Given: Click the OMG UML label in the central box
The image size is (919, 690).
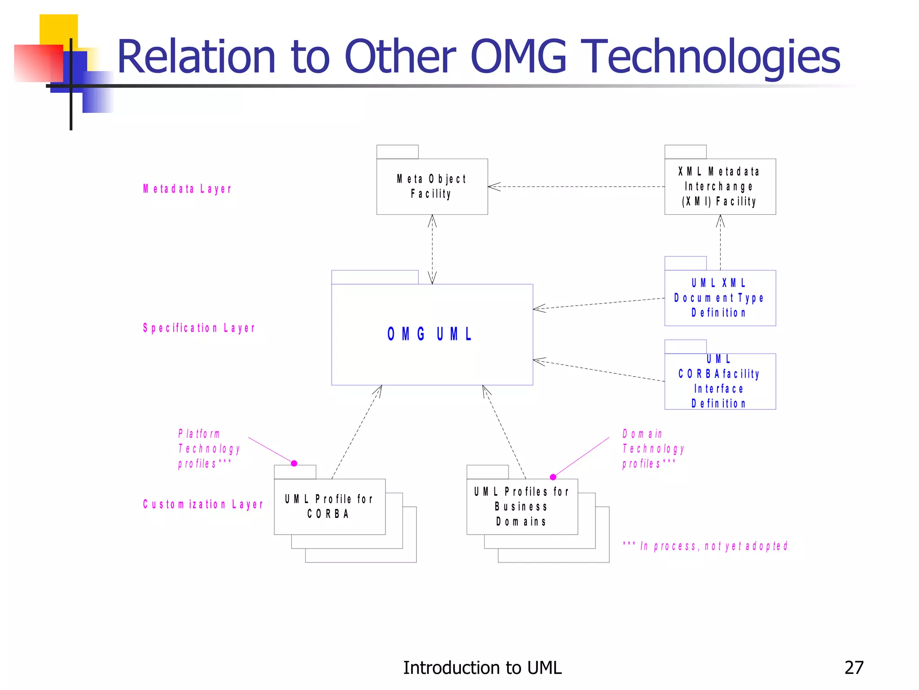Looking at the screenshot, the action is pos(429,334).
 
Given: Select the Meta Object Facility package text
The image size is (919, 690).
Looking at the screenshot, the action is pos(432,186).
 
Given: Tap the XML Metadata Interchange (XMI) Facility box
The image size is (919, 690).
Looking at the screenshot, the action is pos(720,186).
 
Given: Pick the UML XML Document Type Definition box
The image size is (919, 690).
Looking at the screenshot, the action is pos(720,298).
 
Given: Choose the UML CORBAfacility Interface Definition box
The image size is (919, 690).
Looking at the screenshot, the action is pos(720,381).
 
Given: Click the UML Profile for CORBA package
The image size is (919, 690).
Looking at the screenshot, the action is pos(329,506).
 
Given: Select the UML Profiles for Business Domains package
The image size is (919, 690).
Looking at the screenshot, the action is pos(522,506).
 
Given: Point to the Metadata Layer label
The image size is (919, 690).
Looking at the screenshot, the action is pos(187,189).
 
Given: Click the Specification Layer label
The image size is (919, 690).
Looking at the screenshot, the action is pos(199,328).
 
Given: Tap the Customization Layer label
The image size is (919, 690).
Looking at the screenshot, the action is pos(203,504).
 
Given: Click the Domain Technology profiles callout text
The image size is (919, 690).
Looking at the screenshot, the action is pos(653,448).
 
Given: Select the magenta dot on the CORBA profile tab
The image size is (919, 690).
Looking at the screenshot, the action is pos(294,463).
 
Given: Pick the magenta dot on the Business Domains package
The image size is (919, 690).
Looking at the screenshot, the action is pos(553,477).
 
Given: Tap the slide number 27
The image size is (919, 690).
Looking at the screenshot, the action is pos(853,668).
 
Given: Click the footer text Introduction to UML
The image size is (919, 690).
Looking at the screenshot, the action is pos(482,668).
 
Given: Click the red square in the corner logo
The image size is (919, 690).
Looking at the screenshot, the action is pos(38,63).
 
